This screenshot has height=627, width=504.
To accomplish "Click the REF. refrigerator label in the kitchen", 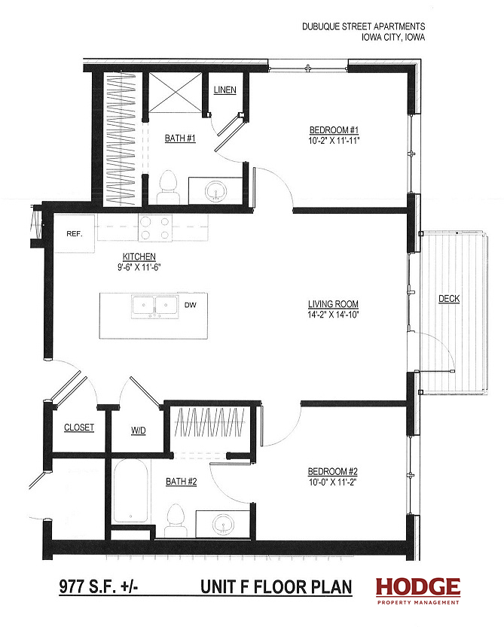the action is click(x=75, y=234).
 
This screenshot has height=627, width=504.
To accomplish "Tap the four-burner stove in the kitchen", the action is click(x=155, y=228).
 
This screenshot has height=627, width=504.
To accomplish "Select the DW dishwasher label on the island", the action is click(x=191, y=305).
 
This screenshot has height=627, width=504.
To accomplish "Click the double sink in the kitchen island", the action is click(x=154, y=306).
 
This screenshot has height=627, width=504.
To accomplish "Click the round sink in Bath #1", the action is click(x=216, y=191).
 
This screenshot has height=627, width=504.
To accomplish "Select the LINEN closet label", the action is click(x=225, y=90).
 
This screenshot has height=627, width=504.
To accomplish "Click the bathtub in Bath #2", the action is click(x=130, y=491).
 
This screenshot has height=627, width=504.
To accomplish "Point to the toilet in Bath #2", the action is click(x=175, y=520).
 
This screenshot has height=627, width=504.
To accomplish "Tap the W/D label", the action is click(x=139, y=431).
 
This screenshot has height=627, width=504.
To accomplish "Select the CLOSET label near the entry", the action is click(x=79, y=428).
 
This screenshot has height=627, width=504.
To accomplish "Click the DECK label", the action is click(x=449, y=299).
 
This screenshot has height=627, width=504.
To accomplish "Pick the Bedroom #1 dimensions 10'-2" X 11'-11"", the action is click(x=334, y=141).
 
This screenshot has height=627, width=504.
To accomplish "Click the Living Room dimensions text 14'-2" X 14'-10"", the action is click(x=334, y=315).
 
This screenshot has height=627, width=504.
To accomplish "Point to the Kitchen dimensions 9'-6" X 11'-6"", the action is click(x=139, y=267).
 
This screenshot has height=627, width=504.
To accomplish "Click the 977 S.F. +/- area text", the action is click(x=99, y=587).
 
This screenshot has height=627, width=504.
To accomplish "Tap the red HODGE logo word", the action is click(x=418, y=587).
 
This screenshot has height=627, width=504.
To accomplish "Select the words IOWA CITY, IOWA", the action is click(x=393, y=38).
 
